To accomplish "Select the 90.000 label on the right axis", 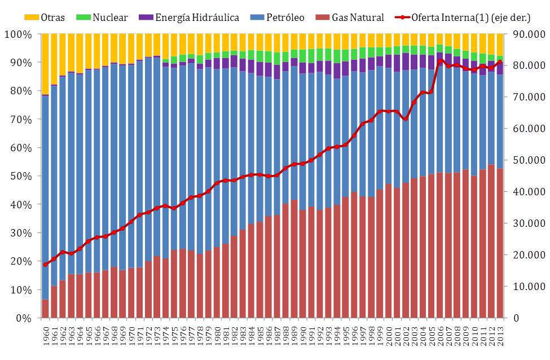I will point(525,34).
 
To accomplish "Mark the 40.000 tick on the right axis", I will point(525,192).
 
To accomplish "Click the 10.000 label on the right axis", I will point(525,287).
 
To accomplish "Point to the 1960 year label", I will point(46,334).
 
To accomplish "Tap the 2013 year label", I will point(499,334).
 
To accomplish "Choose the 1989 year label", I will point(294,334).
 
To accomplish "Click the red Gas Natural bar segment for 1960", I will point(46,309).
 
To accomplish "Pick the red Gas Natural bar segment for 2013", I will point(499,243).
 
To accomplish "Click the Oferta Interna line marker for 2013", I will point(499,62).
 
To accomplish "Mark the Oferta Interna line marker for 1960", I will point(46,264).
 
